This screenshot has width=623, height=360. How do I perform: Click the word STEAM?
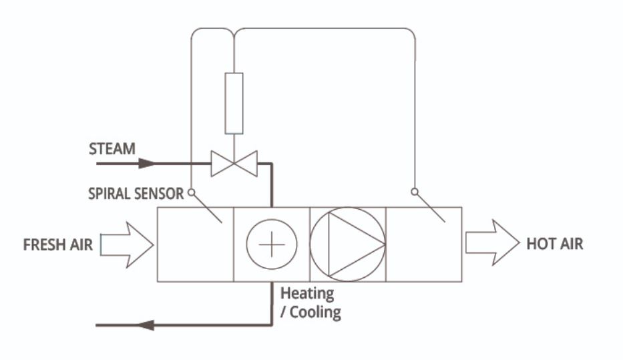112,149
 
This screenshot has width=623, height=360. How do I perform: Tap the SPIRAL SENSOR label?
136,194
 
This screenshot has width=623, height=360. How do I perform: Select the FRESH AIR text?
58,244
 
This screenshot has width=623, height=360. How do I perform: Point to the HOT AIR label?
554,244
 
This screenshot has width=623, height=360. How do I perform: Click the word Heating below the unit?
306,293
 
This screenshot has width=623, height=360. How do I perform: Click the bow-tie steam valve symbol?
234,164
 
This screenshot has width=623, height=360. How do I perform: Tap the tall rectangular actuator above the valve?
234,103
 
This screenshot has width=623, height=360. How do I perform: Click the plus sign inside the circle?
271,244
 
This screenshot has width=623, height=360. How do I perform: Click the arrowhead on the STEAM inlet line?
146,163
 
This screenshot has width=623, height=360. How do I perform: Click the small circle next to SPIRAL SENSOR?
191,192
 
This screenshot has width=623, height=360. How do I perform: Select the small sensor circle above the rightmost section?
414,192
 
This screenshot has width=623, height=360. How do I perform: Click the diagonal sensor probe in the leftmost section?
208,208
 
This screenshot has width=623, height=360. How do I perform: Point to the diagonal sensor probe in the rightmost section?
431,208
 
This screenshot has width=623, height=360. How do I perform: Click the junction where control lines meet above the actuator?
234,31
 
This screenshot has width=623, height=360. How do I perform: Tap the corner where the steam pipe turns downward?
271,164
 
